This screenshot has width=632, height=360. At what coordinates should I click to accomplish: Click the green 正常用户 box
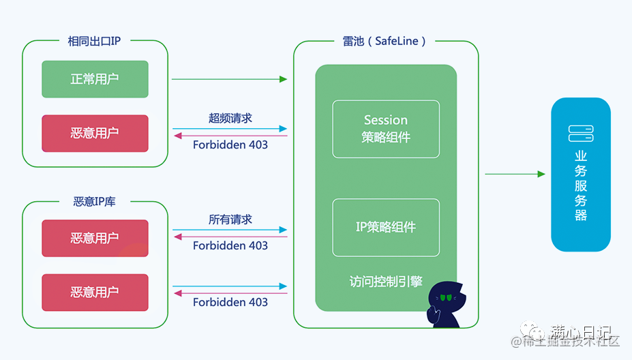95,79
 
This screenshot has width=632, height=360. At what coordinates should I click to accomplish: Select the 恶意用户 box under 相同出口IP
95,133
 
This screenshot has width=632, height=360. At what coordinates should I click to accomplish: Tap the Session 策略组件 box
386,129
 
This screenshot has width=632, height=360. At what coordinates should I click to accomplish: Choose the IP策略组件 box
386,227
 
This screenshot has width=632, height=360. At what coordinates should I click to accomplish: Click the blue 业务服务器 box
581,175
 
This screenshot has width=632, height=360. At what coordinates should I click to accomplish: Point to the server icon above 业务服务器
581,133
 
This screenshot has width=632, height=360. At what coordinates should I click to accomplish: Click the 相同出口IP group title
94,41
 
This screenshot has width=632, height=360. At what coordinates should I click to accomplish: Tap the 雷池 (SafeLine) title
385,41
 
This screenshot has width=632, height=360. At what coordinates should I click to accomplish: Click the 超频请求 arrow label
230,118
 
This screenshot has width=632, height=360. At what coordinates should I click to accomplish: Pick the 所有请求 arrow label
230,220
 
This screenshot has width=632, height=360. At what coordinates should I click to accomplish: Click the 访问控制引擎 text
386,281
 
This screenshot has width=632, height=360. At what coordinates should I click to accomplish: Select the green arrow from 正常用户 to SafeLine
229,79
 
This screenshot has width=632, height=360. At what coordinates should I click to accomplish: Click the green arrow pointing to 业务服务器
515,174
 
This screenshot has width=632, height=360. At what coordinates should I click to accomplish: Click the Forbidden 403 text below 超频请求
230,145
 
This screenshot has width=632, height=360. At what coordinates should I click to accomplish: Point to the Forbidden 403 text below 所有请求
230,245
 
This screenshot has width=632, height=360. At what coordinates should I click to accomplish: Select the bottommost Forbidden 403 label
230,302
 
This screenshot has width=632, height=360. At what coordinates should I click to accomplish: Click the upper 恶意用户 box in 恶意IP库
95,238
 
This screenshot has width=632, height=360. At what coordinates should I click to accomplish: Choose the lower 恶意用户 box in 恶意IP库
95,292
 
